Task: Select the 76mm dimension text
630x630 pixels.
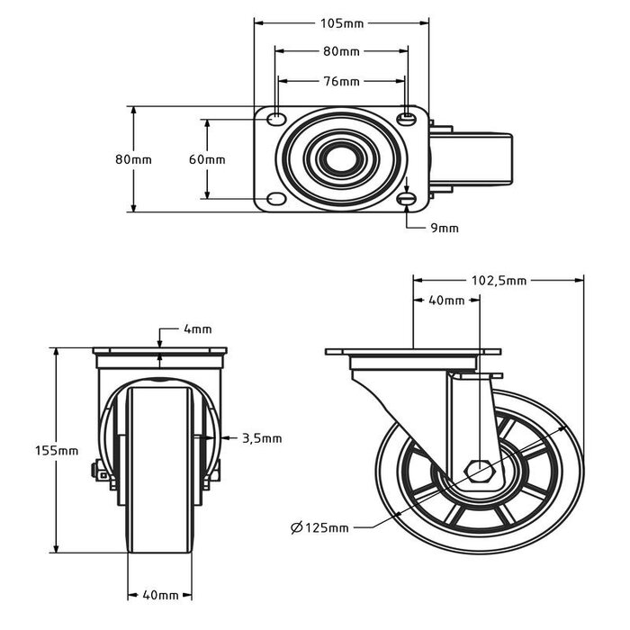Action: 341,82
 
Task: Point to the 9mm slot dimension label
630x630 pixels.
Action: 445,228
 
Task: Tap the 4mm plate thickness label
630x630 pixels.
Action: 197,330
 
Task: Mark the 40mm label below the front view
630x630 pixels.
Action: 160,595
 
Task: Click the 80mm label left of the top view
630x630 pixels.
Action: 133,159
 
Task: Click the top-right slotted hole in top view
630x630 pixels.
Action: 408,118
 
